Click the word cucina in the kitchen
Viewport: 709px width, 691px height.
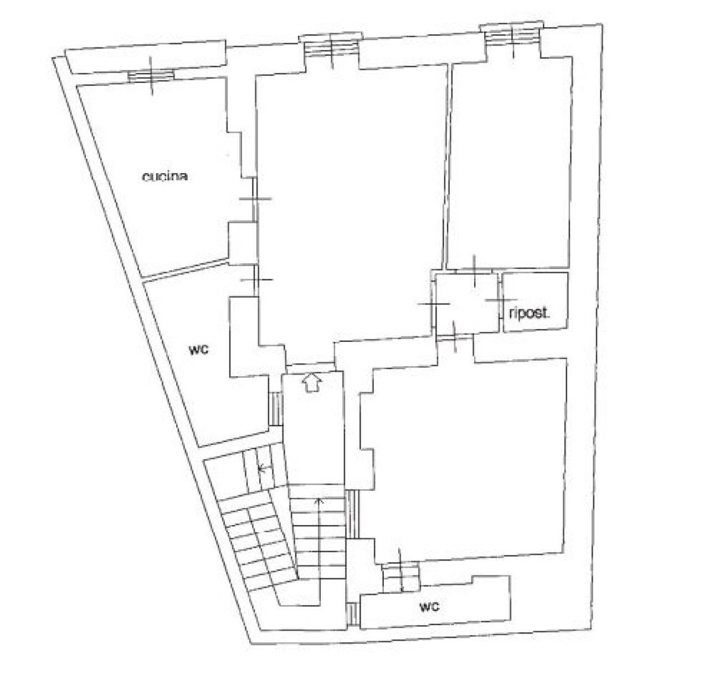(x=166, y=177)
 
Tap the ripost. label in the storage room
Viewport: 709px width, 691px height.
(x=528, y=313)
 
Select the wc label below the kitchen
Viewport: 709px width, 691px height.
(x=198, y=350)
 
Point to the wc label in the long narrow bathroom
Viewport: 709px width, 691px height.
(x=429, y=606)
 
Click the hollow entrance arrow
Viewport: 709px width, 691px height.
(x=312, y=383)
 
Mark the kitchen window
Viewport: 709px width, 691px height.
(x=151, y=75)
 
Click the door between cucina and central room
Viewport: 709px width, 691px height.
(x=255, y=199)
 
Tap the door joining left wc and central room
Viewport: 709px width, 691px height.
(x=256, y=280)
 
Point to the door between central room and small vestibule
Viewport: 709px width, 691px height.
(x=434, y=303)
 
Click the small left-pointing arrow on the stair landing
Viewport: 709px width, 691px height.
(x=265, y=468)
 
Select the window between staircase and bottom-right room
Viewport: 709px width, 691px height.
(x=352, y=514)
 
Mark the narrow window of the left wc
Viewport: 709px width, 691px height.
(x=276, y=409)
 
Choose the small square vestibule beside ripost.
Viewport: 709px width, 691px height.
(x=467, y=303)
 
